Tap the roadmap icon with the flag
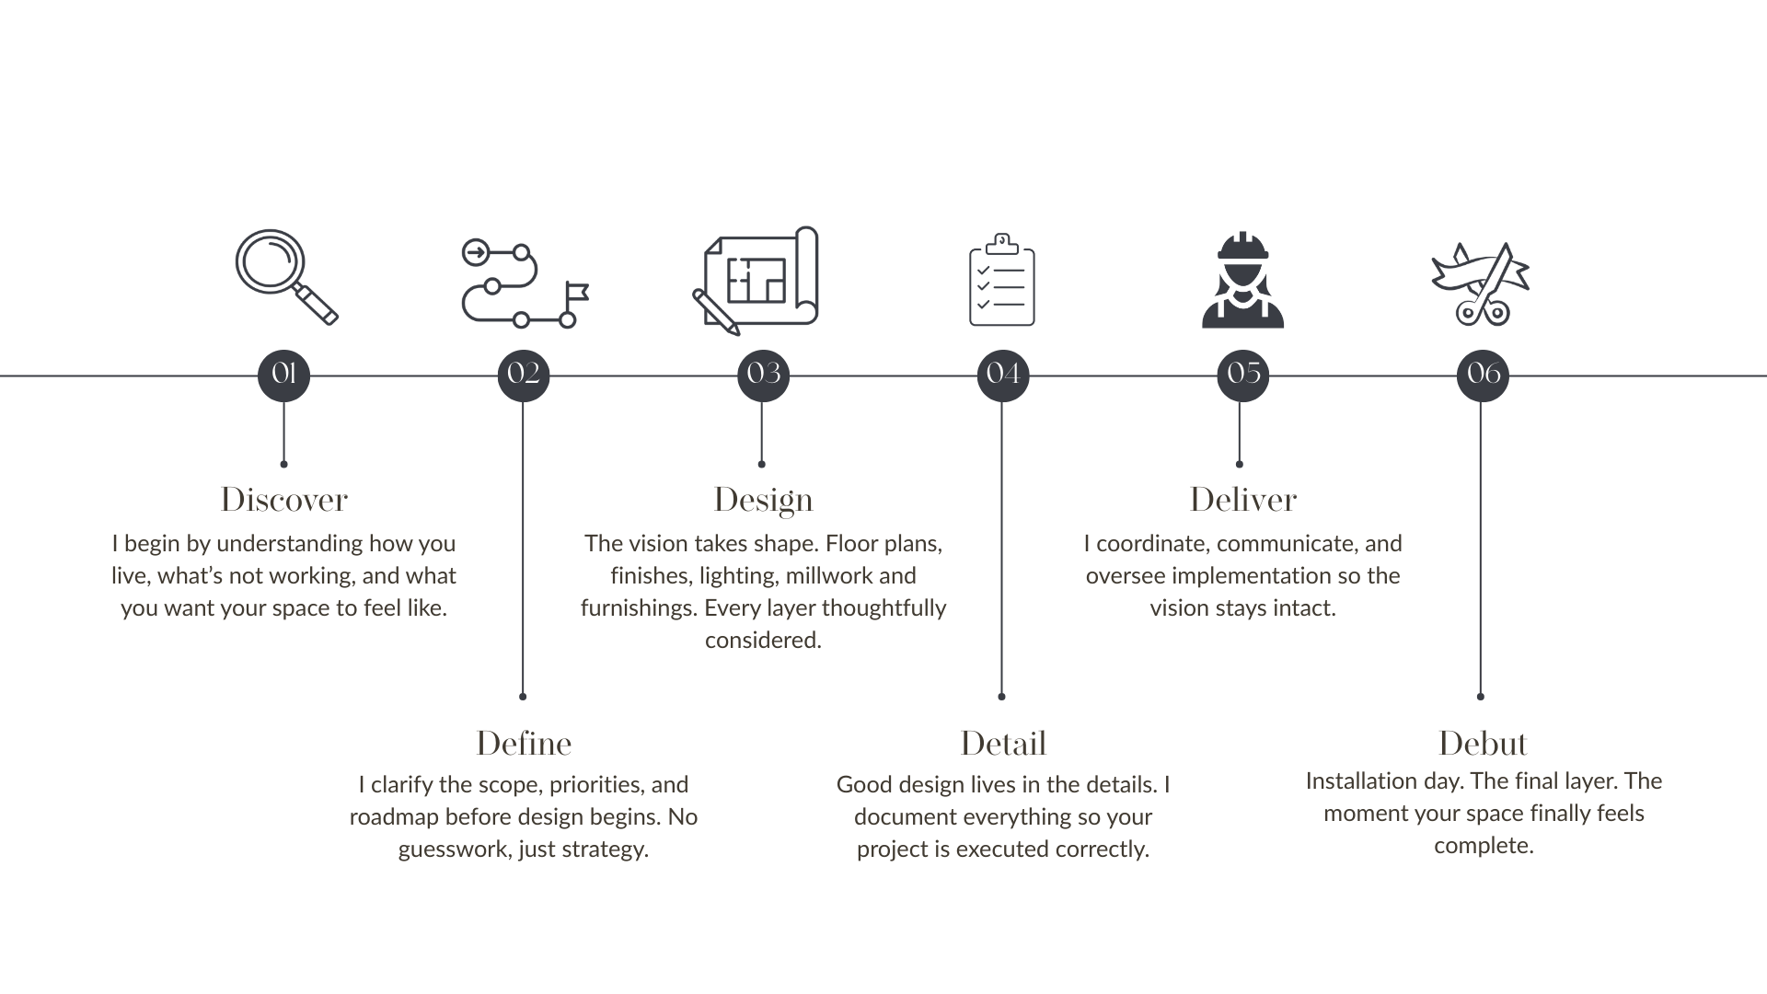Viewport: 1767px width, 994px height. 524,284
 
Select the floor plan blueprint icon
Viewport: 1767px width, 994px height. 757,280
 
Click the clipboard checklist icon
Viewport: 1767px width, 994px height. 1002,281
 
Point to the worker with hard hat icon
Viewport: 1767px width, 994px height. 1242,281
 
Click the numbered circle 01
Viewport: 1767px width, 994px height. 283,375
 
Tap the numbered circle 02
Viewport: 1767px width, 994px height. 524,375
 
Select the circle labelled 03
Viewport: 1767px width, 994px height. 763,375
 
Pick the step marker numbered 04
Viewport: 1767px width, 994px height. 1003,375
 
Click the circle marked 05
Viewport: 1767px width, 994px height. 1242,375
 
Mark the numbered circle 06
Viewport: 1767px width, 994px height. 1483,375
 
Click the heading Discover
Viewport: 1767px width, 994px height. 283,500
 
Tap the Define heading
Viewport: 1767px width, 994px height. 524,744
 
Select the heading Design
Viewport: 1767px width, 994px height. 763,500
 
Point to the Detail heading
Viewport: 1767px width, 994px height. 1003,744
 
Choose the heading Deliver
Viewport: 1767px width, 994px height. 1242,500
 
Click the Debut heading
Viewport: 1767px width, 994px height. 1483,744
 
